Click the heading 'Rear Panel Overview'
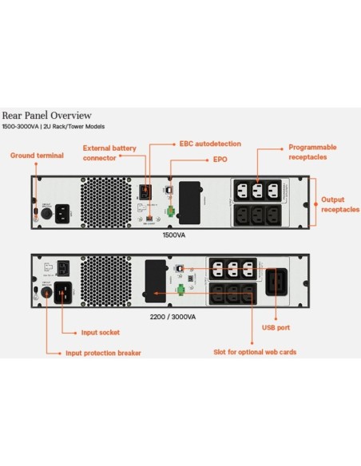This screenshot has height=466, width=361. click(x=46, y=115)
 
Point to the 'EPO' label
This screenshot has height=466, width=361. click(x=220, y=160)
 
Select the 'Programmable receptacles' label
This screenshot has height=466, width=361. click(x=312, y=152)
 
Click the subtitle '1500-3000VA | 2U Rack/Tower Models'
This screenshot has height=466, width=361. click(x=54, y=127)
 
